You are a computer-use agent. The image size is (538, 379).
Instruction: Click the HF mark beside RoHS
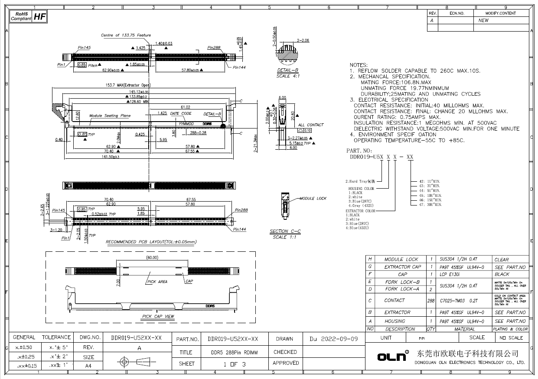coord(39,17)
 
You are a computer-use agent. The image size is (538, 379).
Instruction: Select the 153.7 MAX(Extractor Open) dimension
coord(125,85)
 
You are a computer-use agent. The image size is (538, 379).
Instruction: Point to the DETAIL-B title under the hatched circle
coord(288,70)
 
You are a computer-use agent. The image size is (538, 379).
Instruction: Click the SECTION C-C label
coord(285,231)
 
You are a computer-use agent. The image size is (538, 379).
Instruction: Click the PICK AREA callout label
coord(157,282)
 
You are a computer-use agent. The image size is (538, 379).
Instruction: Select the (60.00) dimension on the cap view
coord(152,257)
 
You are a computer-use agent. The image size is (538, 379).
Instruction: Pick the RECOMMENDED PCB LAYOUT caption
coord(151,242)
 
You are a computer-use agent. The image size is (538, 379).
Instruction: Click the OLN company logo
coord(393,357)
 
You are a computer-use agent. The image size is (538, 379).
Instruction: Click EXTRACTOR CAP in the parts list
coord(402,267)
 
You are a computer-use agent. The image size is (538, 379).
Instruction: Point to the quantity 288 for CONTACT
coord(431,300)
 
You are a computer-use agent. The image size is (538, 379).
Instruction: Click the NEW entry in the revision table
coord(483,20)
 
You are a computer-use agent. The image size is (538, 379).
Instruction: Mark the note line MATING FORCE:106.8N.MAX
coord(396,82)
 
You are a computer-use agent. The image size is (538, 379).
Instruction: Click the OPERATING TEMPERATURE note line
coord(409,141)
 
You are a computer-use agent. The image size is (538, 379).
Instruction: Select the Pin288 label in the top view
coord(214,48)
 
